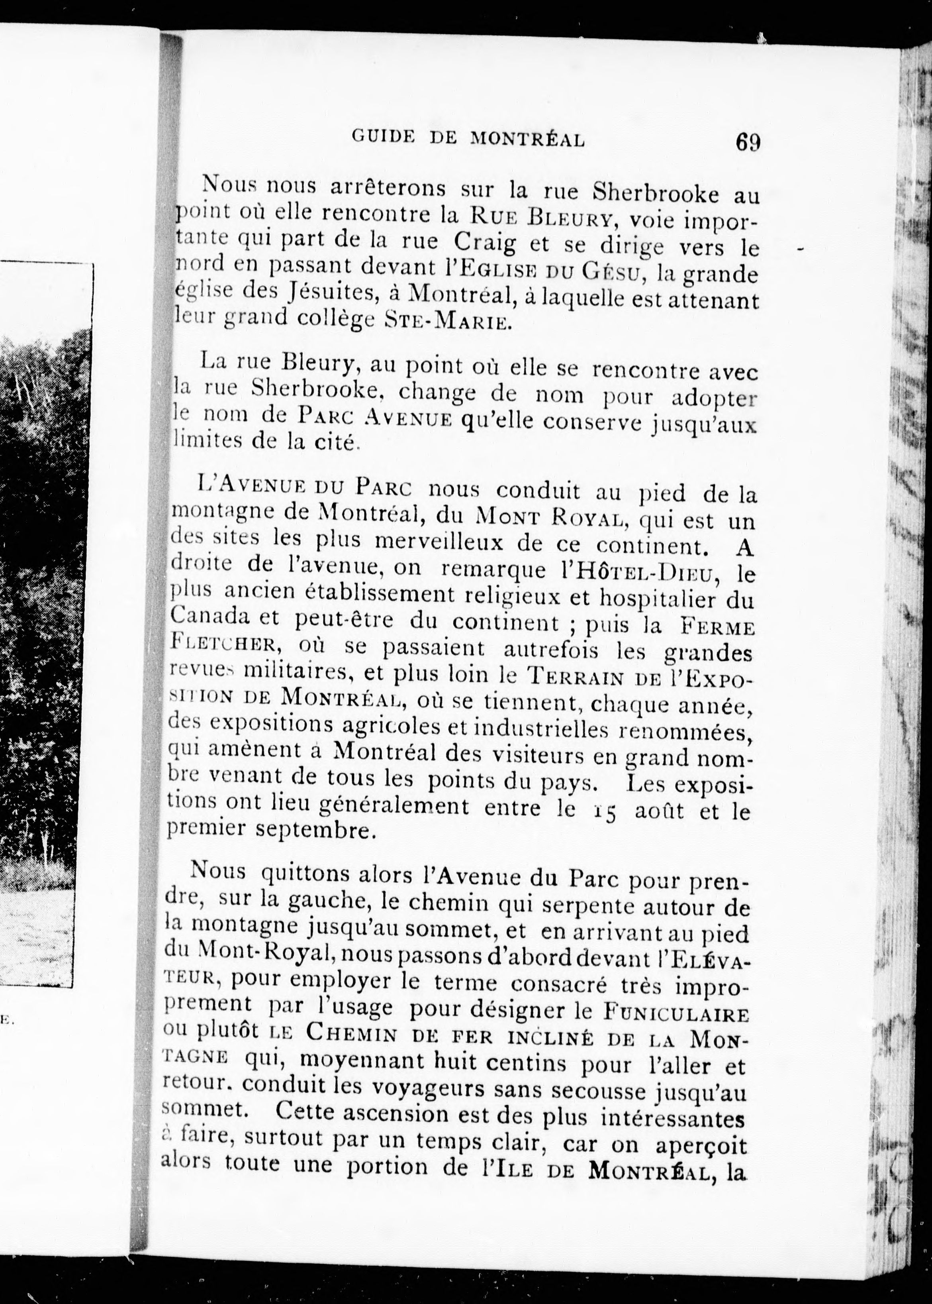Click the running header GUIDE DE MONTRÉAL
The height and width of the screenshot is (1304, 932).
tap(468, 138)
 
